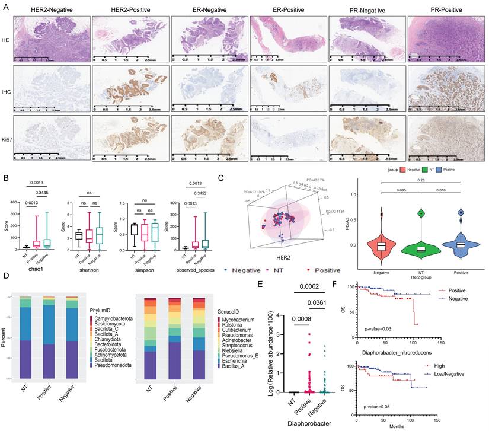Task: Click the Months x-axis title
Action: coord(401,425)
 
